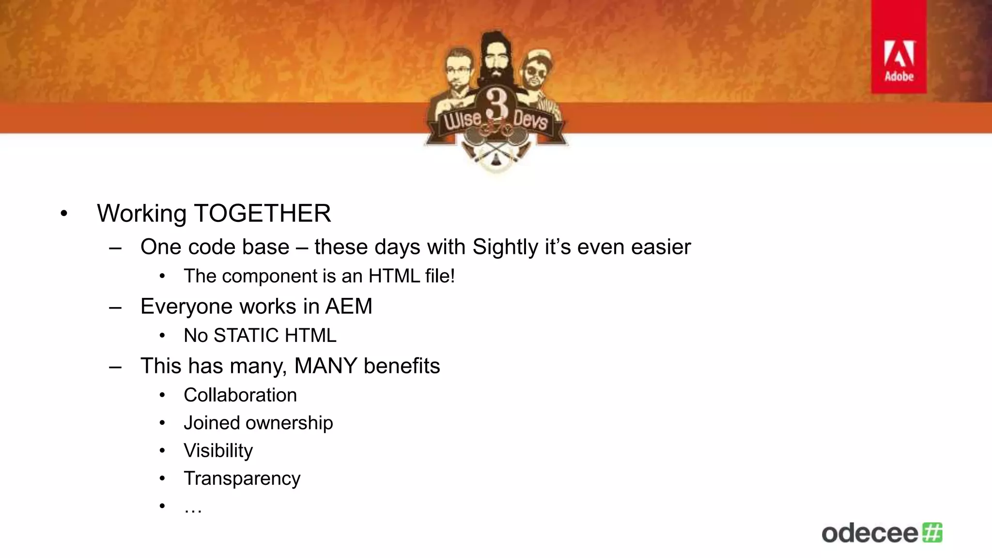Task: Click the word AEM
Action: pos(348,307)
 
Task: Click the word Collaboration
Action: pos(240,395)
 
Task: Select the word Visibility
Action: pos(218,451)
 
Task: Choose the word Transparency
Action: pos(242,479)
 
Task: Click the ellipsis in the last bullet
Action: pos(193,508)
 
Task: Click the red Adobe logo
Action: pos(899,47)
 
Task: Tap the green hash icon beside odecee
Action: pos(932,532)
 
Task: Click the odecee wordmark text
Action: pos(869,533)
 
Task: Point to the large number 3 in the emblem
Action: pos(496,103)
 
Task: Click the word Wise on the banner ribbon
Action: pos(463,119)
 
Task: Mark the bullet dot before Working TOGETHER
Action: pos(64,214)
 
